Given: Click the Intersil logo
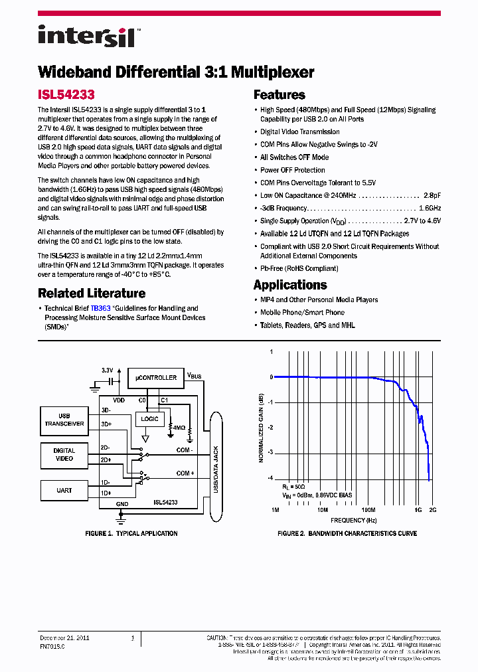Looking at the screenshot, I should [86, 36].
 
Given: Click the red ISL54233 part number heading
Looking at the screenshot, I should [66, 95].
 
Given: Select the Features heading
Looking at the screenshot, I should [279, 95].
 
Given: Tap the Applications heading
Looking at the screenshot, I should [290, 285].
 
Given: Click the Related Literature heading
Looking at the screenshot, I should [92, 293].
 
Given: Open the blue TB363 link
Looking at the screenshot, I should [100, 308].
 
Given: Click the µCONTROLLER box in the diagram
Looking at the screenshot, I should [156, 378].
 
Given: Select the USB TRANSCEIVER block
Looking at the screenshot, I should [64, 420].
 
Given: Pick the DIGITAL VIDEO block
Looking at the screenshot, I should [64, 455].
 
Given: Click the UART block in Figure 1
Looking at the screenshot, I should [64, 491].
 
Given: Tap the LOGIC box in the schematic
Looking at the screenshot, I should [150, 419].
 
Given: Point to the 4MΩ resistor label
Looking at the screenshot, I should [178, 428].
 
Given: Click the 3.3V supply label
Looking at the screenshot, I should [108, 370].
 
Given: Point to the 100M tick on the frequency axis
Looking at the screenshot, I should [368, 510].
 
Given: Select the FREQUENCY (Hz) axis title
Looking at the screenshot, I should [353, 521].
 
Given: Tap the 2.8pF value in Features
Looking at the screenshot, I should [432, 195].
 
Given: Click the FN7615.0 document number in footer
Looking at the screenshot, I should [52, 645].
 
